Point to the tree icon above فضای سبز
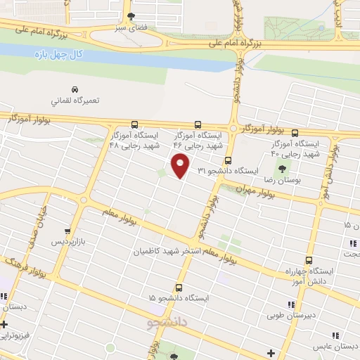tap(130, 17)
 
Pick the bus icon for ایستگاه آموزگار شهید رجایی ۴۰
tap(295, 131)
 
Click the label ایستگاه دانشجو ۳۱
tap(228, 171)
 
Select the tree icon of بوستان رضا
tap(283, 168)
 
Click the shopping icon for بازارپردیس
tap(67, 230)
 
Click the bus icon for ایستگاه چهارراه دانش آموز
tap(308, 257)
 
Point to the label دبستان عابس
tap(335, 346)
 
